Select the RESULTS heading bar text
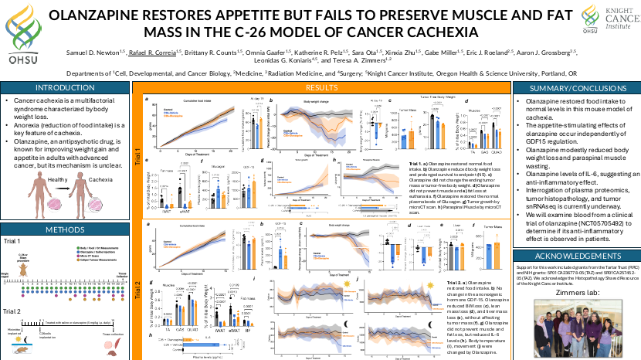(319, 88)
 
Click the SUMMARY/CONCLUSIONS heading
(574, 88)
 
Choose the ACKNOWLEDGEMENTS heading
(574, 255)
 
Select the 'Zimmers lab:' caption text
(574, 294)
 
